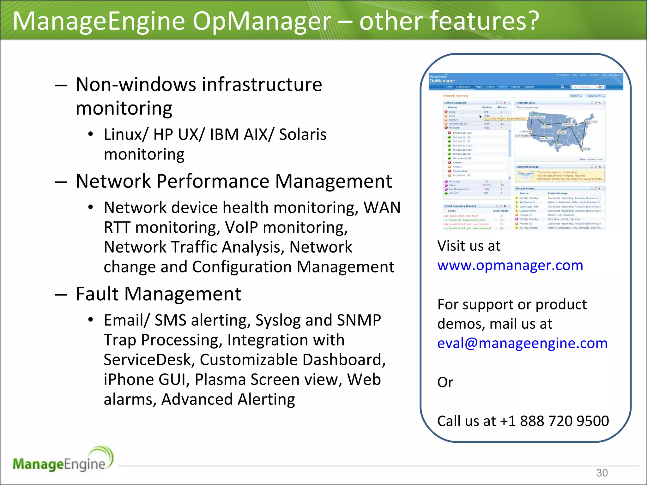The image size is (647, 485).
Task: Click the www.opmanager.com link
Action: [510, 266]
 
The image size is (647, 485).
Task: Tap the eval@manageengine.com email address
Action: [522, 343]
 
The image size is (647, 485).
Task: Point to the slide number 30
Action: [602, 473]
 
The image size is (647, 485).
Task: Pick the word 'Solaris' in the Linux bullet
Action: [302, 135]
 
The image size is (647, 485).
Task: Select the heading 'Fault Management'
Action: [158, 294]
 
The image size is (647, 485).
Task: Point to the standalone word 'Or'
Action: [445, 382]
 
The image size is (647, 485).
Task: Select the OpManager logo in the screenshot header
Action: [442, 81]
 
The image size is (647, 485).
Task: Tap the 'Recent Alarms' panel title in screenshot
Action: [525, 189]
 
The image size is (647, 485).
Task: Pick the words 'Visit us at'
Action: [469, 246]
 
